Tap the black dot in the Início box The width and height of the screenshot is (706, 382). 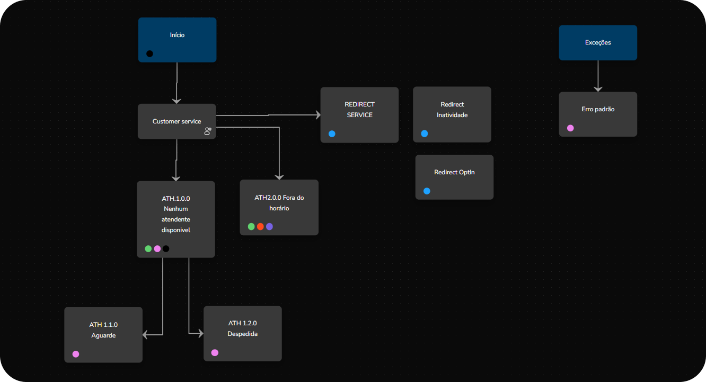click(x=149, y=54)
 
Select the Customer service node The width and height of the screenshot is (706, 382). click(x=176, y=121)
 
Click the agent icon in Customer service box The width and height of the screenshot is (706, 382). click(x=208, y=131)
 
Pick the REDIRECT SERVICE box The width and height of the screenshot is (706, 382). click(x=359, y=114)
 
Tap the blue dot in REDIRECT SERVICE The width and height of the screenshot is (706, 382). click(x=332, y=134)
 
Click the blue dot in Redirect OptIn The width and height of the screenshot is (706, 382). click(x=427, y=191)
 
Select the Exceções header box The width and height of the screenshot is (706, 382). click(x=598, y=42)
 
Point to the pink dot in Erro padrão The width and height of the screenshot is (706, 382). click(x=570, y=128)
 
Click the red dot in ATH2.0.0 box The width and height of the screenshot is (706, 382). click(x=260, y=227)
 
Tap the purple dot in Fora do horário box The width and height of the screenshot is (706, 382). click(x=269, y=227)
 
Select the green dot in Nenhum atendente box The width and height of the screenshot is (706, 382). click(x=148, y=248)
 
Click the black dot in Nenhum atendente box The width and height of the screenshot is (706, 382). click(x=166, y=248)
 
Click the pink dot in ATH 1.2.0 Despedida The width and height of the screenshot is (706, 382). click(x=215, y=353)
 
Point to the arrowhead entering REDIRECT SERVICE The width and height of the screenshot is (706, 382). click(x=317, y=115)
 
